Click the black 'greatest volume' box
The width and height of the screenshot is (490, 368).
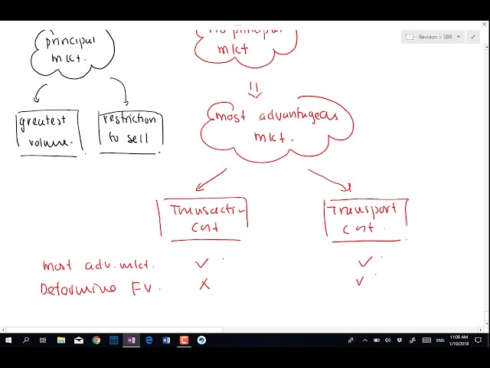point(47,132)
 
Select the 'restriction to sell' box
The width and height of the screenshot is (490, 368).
point(129,131)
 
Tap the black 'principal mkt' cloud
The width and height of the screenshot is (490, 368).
point(73,49)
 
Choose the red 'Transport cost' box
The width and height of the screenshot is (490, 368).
point(364,218)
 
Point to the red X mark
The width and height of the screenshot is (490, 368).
point(204,284)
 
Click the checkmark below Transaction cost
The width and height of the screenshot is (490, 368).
point(202,263)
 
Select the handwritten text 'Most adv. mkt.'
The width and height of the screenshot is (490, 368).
point(99,265)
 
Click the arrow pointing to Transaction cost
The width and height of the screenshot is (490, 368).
point(211,179)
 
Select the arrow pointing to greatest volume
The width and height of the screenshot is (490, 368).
point(39,94)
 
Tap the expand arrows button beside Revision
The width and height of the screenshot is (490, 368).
point(472,37)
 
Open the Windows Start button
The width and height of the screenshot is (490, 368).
point(8,340)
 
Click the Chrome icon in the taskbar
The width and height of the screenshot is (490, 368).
point(96,340)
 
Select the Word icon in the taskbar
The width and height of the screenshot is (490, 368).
point(166,340)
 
